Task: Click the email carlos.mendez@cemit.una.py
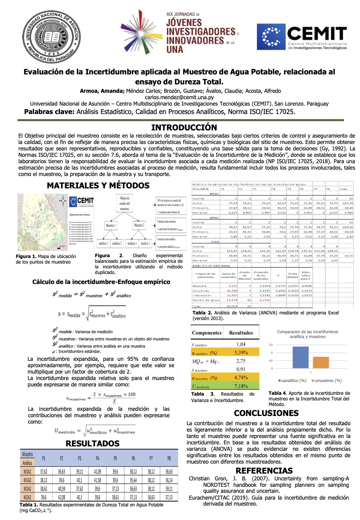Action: click(179, 97)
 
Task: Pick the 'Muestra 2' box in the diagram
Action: click(138, 226)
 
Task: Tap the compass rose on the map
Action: click(62, 201)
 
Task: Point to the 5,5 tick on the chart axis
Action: click(270, 344)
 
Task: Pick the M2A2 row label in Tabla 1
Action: click(28, 497)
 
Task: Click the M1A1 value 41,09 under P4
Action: click(97, 472)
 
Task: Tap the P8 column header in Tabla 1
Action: click(169, 458)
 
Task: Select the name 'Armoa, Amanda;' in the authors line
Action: click(102, 91)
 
